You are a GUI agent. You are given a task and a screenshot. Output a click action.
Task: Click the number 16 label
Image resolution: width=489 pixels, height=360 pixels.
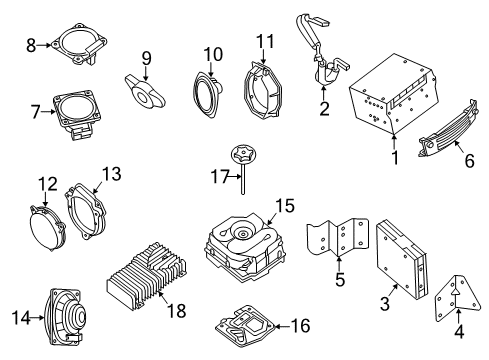pyautogui.click(x=299, y=325)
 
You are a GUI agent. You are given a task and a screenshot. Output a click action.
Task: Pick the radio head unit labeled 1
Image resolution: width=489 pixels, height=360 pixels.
pyautogui.click(x=391, y=99)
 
